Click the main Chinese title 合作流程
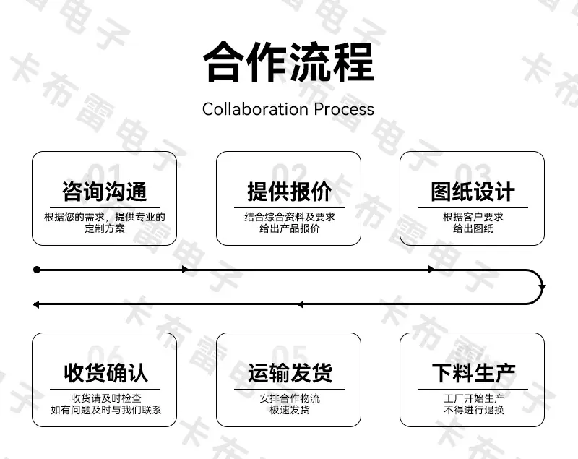(x=288, y=61)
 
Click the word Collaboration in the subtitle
(x=255, y=109)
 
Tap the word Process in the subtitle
(x=344, y=109)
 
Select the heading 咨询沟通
(x=105, y=192)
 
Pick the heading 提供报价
(x=290, y=192)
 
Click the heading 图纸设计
(x=473, y=192)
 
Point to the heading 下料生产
(x=474, y=373)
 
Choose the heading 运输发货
(x=290, y=373)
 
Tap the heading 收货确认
(x=105, y=373)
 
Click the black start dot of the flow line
(x=37, y=270)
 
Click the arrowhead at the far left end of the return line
(x=35, y=304)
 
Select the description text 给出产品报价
(x=290, y=228)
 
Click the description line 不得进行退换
(x=474, y=410)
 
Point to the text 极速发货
(x=290, y=410)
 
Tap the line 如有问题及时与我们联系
(x=105, y=410)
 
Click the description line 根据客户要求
(x=473, y=217)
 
